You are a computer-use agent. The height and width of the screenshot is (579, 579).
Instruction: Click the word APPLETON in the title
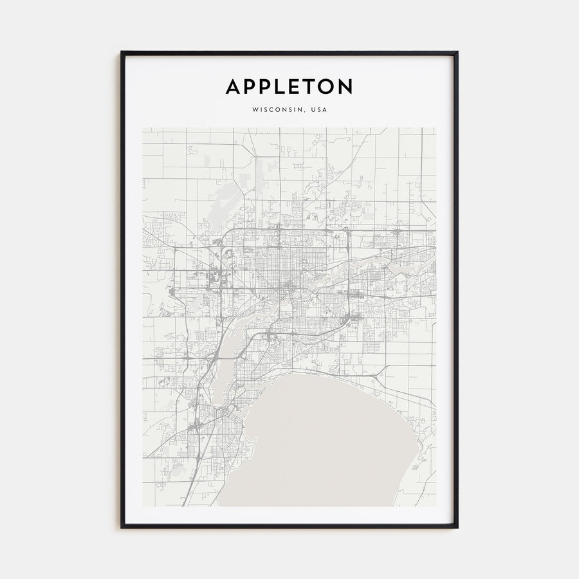pyautogui.click(x=289, y=87)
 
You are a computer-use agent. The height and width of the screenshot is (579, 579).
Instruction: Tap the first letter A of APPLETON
pyautogui.click(x=233, y=87)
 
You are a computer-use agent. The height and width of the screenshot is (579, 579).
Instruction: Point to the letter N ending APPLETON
pyautogui.click(x=345, y=87)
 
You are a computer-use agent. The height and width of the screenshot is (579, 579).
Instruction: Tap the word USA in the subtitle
pyautogui.click(x=318, y=109)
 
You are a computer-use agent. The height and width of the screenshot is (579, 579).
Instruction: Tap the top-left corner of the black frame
pyautogui.click(x=121, y=52)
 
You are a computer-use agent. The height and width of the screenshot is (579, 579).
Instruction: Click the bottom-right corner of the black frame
pyautogui.click(x=457, y=528)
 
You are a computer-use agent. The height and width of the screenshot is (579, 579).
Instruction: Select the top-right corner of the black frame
pyautogui.click(x=457, y=52)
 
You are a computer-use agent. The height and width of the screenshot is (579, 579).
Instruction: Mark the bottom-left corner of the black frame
pyautogui.click(x=121, y=528)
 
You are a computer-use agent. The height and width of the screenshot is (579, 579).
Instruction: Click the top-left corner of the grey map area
pyautogui.click(x=143, y=127)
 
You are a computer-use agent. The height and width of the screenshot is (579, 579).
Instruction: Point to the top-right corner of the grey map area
pyautogui.click(x=436, y=127)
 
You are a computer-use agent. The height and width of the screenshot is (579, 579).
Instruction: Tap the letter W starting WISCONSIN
pyautogui.click(x=255, y=109)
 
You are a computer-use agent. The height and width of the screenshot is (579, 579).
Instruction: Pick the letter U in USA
pyautogui.click(x=313, y=109)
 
